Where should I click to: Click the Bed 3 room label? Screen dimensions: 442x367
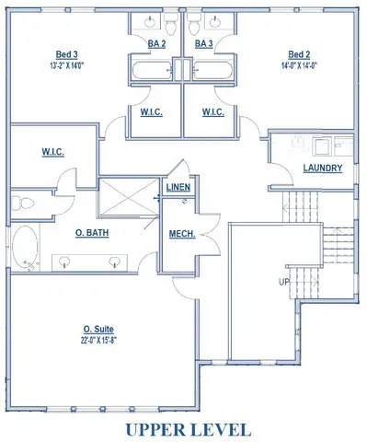coord(63,55)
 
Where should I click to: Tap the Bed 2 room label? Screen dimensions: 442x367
coord(299,55)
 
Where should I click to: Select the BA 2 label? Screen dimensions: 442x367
coord(156,43)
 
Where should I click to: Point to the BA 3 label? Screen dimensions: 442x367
coord(204,43)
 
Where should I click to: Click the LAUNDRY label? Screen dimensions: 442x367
coord(323,169)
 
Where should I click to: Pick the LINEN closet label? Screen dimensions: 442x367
coord(178,188)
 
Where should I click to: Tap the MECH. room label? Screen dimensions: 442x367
coord(181,234)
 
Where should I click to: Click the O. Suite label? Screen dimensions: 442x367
coord(99,328)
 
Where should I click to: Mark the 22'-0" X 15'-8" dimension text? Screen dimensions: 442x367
coord(99,340)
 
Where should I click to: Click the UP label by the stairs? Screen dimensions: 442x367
coord(286,281)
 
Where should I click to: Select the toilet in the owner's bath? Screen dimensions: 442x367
coord(22,202)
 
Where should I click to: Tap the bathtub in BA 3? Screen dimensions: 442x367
coord(209,70)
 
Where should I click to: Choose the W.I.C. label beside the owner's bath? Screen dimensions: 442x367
coord(52,152)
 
